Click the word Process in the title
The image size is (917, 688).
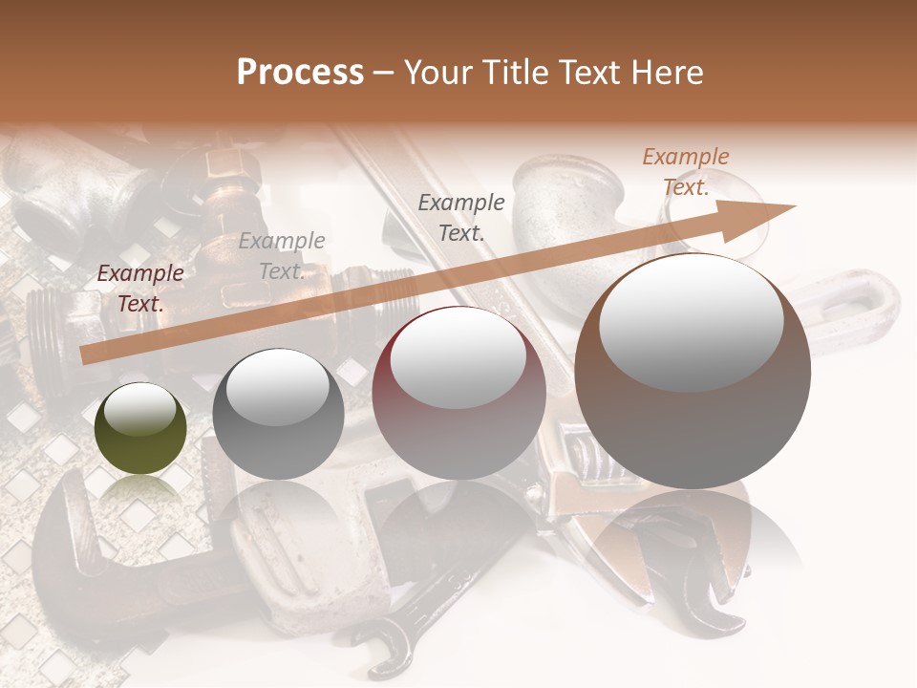tap(300, 73)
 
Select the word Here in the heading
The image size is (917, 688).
tap(668, 73)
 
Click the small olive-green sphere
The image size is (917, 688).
tap(141, 429)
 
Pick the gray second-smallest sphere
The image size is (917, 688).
tap(278, 415)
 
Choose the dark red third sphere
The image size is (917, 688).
tap(458, 393)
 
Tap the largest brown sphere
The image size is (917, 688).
tap(693, 373)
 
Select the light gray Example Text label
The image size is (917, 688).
tap(282, 256)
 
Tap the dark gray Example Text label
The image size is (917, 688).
tap(461, 217)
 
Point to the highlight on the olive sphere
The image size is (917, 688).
tap(139, 410)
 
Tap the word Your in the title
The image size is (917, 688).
tap(437, 73)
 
